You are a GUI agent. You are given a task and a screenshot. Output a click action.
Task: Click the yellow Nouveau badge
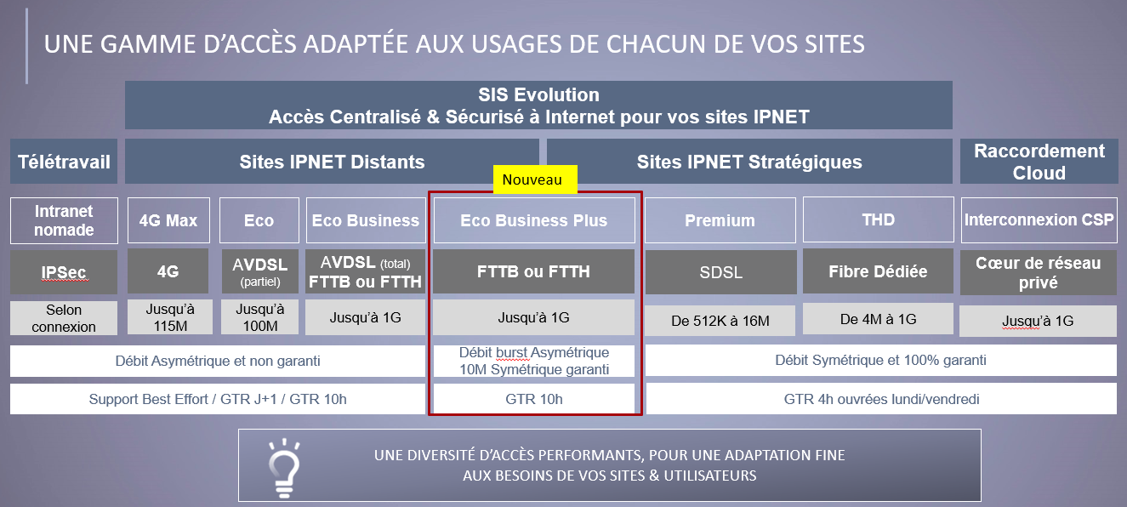point(535,179)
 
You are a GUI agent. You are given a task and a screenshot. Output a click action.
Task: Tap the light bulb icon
point(284,468)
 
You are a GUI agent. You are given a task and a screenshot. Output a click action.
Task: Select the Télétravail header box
point(64,161)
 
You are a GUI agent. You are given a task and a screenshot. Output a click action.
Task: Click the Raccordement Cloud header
point(1039,161)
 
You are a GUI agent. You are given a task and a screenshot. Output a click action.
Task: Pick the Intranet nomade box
point(64,220)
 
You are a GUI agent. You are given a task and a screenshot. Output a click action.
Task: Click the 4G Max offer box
point(168,220)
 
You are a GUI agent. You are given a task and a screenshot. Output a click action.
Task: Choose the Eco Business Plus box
point(534,220)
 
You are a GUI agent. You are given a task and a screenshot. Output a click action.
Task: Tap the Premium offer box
point(720,220)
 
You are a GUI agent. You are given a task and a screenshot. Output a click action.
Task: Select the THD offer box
point(878,219)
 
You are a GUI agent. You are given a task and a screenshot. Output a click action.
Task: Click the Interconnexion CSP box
point(1039,219)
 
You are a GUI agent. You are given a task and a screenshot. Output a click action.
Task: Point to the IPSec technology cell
point(64,272)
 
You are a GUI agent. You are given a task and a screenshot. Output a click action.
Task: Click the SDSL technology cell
point(721,272)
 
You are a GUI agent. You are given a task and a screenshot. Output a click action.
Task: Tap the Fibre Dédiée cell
point(878,271)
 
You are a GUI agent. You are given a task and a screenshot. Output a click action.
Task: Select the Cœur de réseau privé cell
point(1039,272)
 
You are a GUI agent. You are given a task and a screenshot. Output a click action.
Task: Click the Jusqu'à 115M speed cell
point(169,316)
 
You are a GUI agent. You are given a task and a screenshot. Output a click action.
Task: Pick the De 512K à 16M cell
point(720,321)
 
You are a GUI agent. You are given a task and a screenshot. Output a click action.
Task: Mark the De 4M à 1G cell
point(878,318)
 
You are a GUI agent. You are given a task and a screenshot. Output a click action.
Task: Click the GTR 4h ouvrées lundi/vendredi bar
point(881,399)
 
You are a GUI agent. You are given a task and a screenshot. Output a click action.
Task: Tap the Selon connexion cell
point(64,318)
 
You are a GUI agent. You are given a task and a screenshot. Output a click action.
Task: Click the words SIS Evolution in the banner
point(538,94)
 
